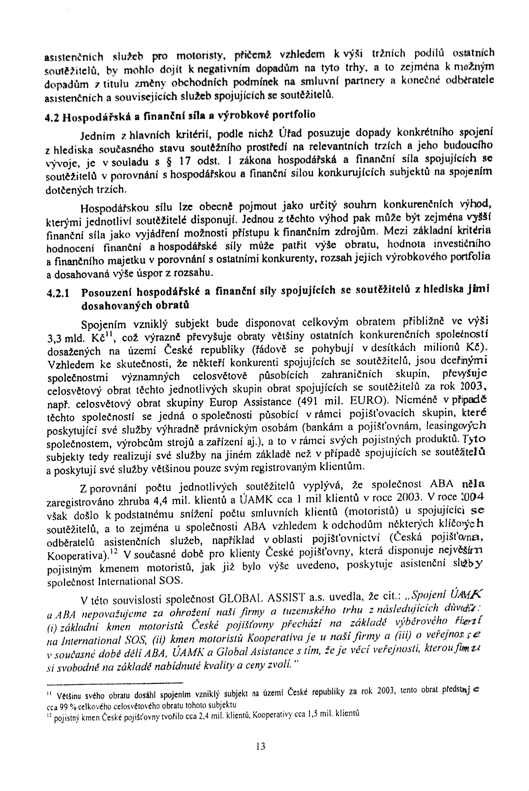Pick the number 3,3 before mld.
[55, 339]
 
